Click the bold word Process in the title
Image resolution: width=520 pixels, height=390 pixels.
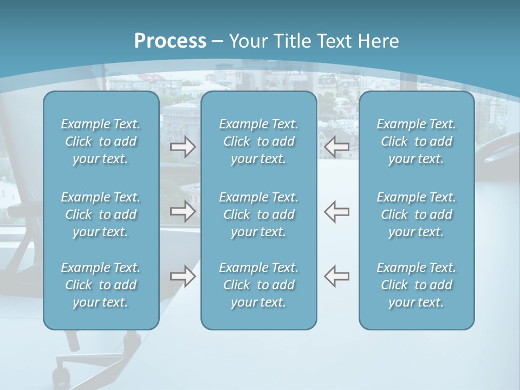coord(170,41)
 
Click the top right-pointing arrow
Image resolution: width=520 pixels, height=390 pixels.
coord(183,146)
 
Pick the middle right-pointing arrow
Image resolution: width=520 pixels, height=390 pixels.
coord(183,211)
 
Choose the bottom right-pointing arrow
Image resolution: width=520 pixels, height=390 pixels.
coord(183,276)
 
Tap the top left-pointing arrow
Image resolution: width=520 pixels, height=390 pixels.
coord(337,146)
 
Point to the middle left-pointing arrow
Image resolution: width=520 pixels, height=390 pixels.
coord(337,211)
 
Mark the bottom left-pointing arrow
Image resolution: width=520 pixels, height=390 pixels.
coord(337,276)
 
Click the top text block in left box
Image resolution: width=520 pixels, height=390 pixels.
coord(101,141)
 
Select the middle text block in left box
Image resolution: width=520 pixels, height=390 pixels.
coord(101,214)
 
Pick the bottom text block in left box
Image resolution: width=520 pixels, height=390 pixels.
coord(101,285)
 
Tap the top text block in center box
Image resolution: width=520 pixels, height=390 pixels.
coord(258,141)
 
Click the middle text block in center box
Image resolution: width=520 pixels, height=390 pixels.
coord(258,214)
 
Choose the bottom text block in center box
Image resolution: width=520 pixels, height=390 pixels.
coord(258,285)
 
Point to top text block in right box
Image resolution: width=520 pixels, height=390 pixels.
coord(416,141)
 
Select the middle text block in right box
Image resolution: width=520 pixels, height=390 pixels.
coord(416,214)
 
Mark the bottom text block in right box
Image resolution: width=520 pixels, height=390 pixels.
coord(416,285)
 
